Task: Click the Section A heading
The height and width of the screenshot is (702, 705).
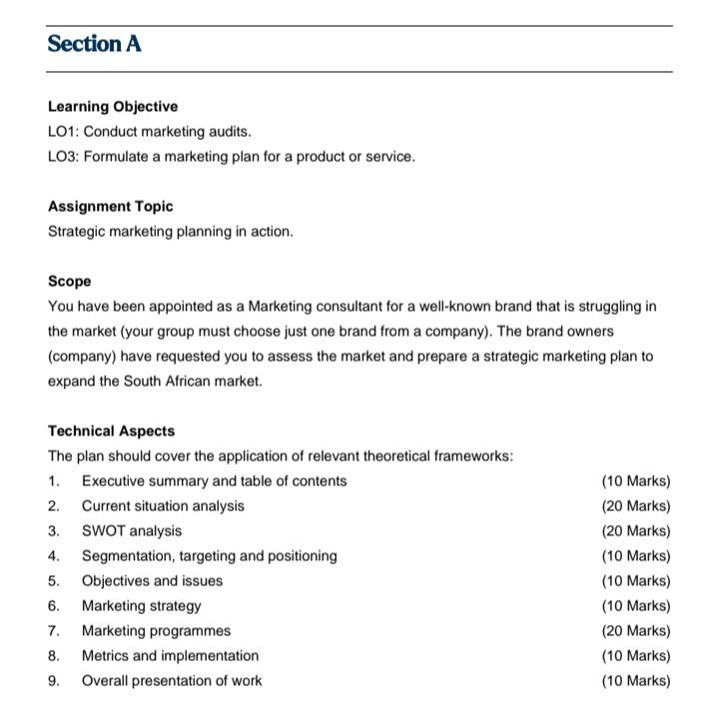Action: click(x=95, y=44)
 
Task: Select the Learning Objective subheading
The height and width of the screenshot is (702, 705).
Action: click(x=113, y=107)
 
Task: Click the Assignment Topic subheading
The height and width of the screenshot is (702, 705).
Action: click(x=110, y=207)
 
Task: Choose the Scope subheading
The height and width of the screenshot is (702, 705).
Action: click(x=69, y=282)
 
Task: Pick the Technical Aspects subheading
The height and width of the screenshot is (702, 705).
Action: click(x=111, y=431)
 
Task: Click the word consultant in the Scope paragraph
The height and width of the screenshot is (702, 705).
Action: click(x=354, y=307)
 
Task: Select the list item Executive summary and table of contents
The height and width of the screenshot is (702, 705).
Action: click(x=214, y=481)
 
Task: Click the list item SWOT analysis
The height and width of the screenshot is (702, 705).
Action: click(x=131, y=531)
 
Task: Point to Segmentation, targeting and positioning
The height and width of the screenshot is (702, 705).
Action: click(x=209, y=556)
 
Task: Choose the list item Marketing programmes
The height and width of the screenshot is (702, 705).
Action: click(x=156, y=631)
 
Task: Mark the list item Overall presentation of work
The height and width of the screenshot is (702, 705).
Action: click(x=172, y=681)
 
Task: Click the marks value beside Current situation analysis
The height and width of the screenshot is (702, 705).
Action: click(x=636, y=506)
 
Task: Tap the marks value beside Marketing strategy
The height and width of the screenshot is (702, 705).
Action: click(x=636, y=606)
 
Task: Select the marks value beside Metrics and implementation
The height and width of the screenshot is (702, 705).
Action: click(x=636, y=656)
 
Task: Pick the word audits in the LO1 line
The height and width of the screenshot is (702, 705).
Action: click(x=229, y=132)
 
